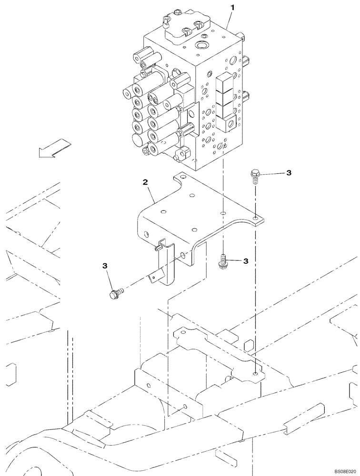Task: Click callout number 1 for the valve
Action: coord(232,8)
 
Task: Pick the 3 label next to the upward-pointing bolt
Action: coord(246,261)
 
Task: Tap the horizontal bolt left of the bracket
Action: coord(115,293)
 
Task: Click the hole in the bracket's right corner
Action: coord(256,218)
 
